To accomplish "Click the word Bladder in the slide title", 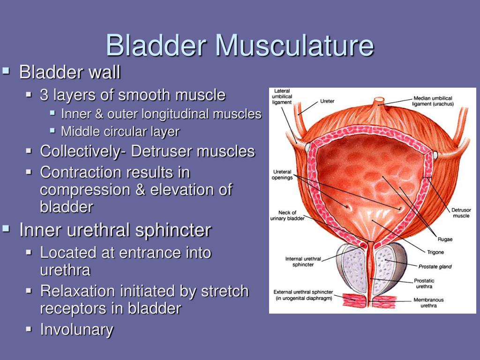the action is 156,45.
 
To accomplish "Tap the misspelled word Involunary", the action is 76,330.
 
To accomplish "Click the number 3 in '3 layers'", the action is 44,95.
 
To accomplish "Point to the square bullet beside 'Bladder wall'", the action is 6,71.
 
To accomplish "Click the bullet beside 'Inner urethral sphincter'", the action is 6,228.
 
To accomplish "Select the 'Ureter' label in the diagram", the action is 327,101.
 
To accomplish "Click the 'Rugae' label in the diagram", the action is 445,239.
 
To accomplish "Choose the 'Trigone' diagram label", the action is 435,252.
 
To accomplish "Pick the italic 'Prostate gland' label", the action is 435,266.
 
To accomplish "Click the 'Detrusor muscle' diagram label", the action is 461,213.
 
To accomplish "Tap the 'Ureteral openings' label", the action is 282,174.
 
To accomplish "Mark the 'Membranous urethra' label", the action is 428,302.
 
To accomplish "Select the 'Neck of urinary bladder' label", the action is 287,215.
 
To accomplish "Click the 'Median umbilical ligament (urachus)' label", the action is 433,101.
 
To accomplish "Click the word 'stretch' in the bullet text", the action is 225,291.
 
